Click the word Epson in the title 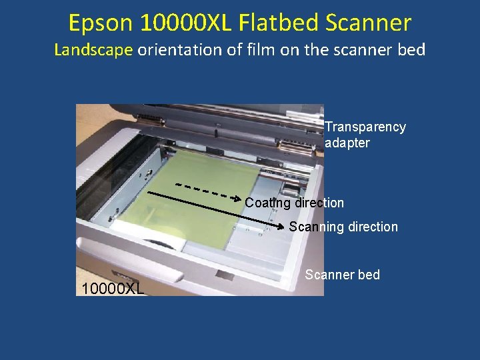(101, 23)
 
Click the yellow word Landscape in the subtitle (94, 49)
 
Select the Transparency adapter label (365, 135)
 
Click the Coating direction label (295, 203)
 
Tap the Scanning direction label (343, 227)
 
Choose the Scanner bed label (343, 275)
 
